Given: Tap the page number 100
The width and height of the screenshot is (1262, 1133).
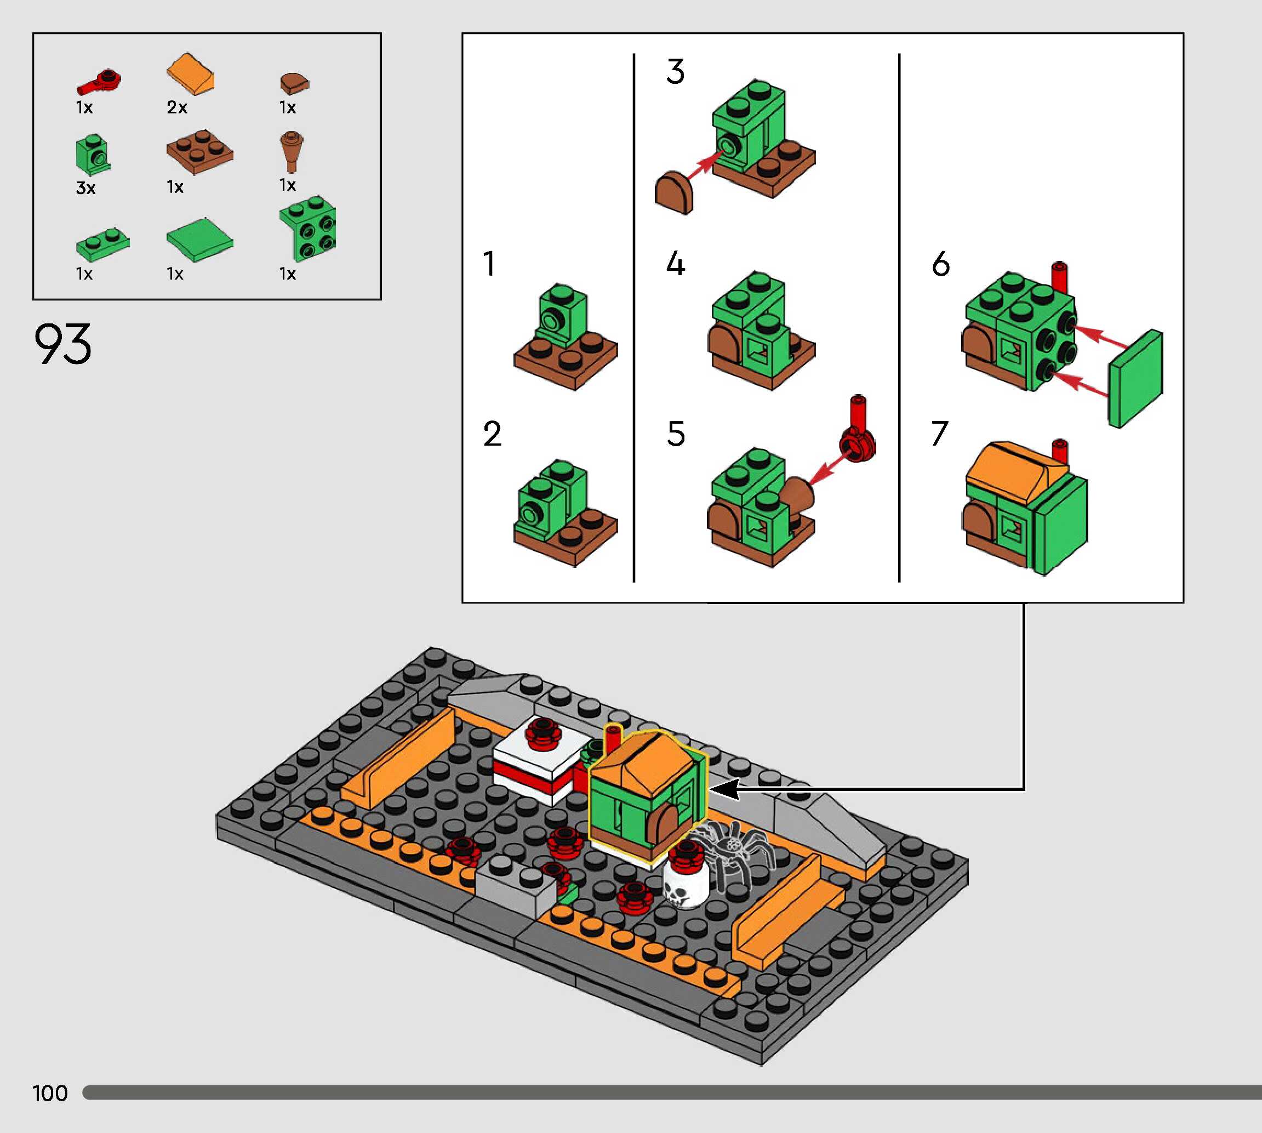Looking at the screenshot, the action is (50, 1093).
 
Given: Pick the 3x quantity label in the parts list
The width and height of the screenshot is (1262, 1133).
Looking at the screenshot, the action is (86, 188).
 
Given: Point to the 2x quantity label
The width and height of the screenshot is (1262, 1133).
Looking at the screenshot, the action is (178, 107).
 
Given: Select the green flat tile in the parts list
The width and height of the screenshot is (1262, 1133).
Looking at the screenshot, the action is (200, 240).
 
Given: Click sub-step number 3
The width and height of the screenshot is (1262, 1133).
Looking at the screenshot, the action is (676, 72).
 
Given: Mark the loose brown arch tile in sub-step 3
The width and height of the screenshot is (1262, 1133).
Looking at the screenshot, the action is (674, 193).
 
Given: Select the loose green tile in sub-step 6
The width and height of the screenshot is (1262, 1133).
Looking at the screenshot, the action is (1135, 379).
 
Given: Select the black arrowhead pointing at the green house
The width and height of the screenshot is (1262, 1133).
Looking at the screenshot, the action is (724, 789).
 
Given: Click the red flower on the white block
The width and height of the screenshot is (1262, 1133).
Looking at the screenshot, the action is (543, 733).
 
